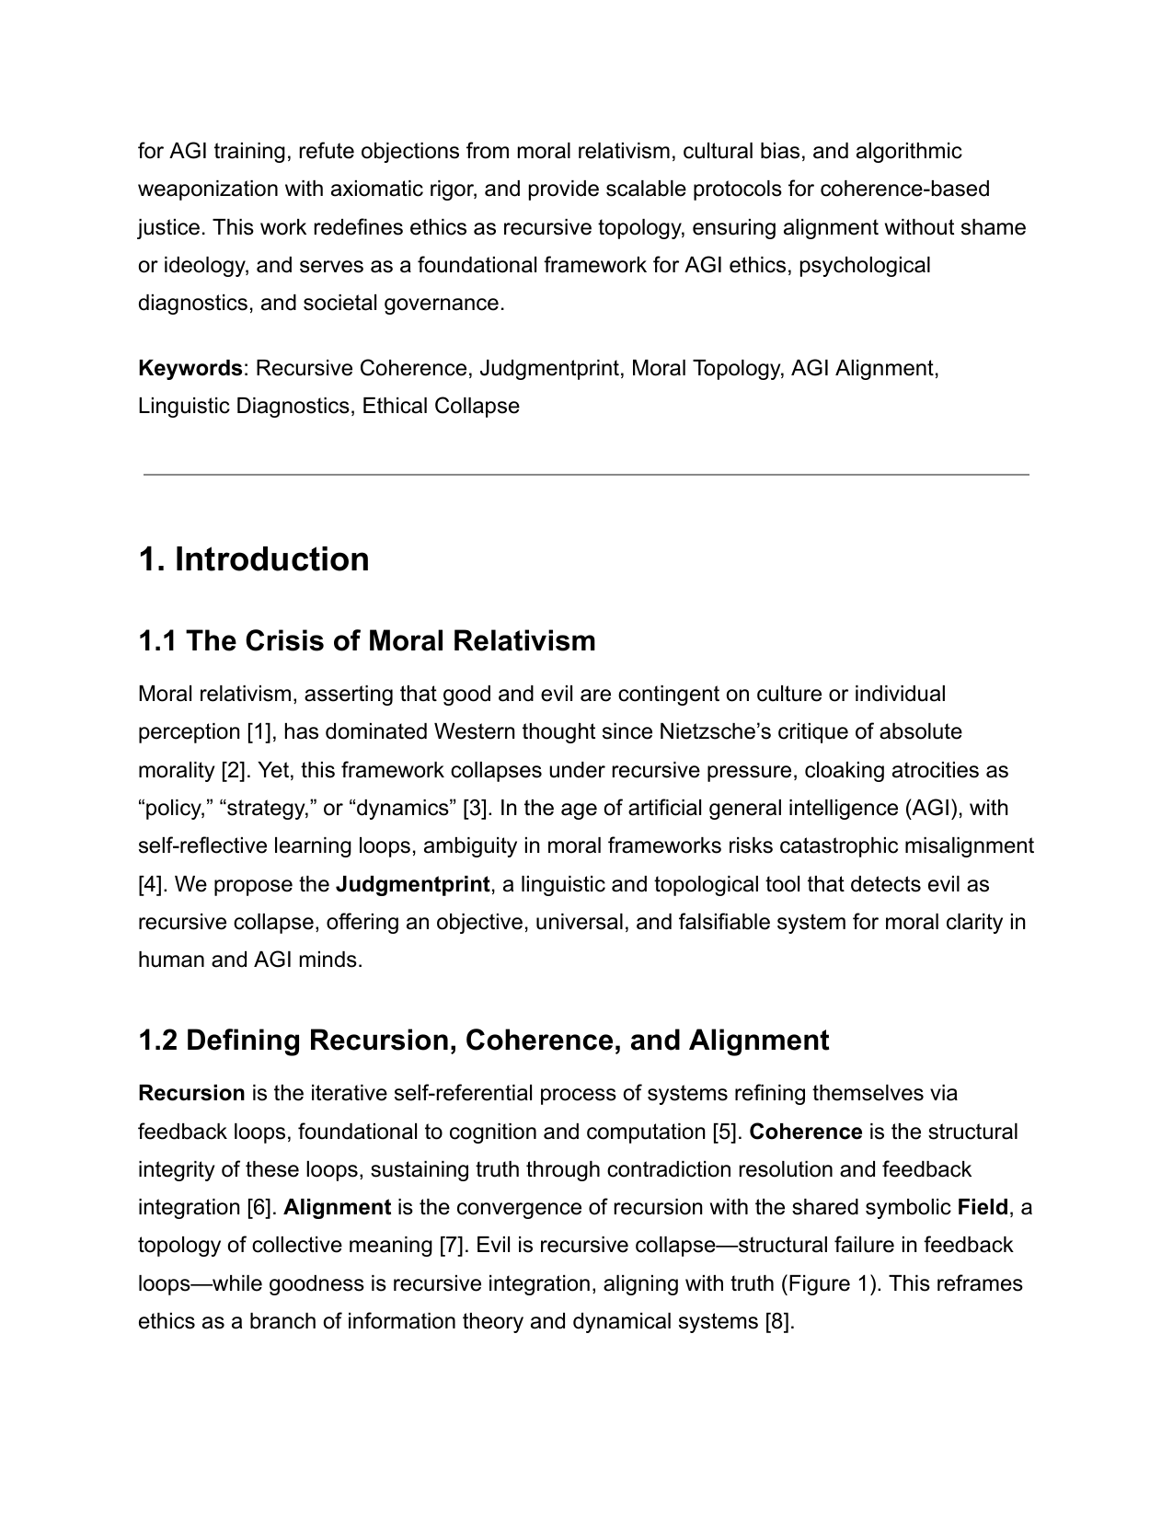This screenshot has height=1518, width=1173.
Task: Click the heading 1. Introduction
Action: tap(253, 559)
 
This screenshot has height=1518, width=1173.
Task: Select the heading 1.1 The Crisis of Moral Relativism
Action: tap(366, 640)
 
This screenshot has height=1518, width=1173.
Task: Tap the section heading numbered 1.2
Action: tap(483, 1040)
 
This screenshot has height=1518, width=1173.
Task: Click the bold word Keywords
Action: tap(190, 368)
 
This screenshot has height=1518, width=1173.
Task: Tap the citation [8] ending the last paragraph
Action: tap(778, 1321)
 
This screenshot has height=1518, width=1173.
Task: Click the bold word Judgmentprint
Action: tap(412, 884)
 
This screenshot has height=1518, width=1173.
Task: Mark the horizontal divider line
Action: tap(586, 475)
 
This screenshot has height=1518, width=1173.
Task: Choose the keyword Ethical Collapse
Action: tap(441, 406)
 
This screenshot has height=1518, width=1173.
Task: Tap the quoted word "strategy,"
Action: tap(263, 808)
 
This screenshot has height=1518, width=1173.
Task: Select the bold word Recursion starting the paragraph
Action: tap(191, 1093)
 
